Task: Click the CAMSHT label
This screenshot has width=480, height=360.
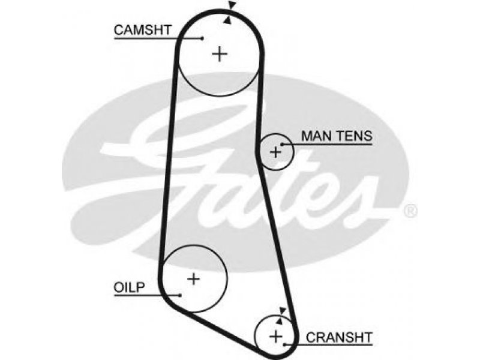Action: (x=142, y=30)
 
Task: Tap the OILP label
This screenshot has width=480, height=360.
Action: (x=129, y=287)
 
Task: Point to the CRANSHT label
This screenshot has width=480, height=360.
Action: (x=339, y=337)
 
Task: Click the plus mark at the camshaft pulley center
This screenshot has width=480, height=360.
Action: (x=220, y=54)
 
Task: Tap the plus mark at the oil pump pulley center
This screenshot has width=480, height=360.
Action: (x=193, y=279)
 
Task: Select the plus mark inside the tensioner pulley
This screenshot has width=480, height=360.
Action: (x=275, y=152)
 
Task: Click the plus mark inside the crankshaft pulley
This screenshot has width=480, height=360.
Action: (x=276, y=337)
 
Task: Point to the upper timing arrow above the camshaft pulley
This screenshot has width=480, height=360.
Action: (x=232, y=5)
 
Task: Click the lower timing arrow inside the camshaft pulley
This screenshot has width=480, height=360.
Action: (x=227, y=20)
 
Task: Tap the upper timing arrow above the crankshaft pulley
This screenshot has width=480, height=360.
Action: (x=283, y=310)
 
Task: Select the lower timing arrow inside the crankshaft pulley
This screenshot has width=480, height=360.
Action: (x=279, y=320)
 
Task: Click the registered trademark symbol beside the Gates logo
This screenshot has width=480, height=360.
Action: (x=410, y=211)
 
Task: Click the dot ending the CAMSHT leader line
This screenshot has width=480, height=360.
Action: (x=202, y=38)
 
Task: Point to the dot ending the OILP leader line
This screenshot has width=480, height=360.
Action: (x=181, y=295)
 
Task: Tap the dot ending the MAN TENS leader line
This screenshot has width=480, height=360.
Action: (x=282, y=144)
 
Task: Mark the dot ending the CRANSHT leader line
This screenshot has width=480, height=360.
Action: (x=284, y=345)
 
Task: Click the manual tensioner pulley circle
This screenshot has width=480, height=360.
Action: (x=293, y=152)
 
